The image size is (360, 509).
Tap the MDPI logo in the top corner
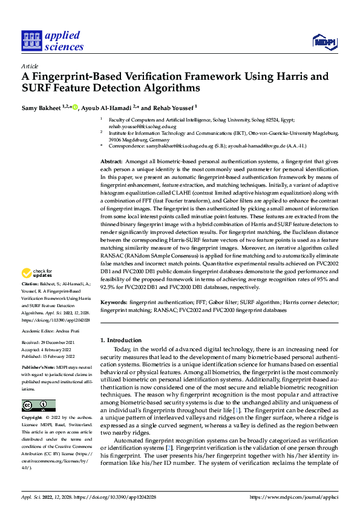324,41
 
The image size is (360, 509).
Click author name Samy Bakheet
41,108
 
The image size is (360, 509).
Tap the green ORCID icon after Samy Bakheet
75,108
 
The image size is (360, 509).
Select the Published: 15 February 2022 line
49,357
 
